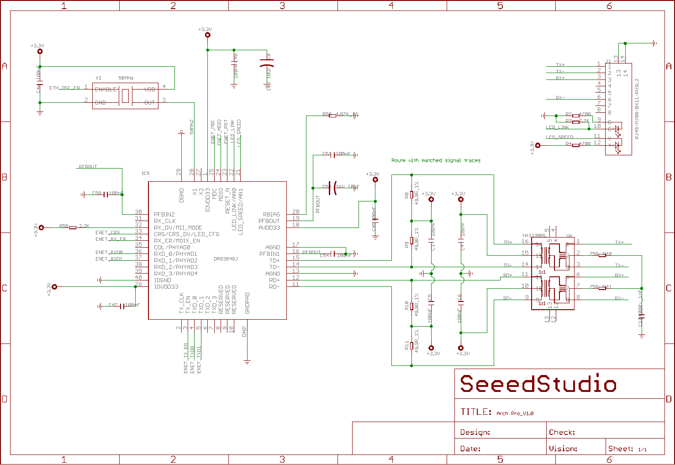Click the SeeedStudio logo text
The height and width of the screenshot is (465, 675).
[x=538, y=384]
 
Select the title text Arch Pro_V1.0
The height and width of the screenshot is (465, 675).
[x=515, y=413]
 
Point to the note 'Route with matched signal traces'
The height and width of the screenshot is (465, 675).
[x=436, y=160]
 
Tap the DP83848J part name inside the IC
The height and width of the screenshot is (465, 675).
[x=226, y=259]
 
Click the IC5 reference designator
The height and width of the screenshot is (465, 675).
[x=145, y=174]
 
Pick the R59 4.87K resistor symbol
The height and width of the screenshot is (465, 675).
[x=332, y=116]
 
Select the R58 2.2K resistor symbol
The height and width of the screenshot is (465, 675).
[x=73, y=227]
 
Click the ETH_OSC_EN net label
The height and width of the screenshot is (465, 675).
[x=64, y=88]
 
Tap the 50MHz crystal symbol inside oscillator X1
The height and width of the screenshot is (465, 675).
[x=125, y=96]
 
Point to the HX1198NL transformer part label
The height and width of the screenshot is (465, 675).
[x=534, y=236]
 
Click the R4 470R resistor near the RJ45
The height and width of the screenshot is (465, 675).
[x=575, y=145]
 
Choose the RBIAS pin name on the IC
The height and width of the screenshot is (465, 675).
[x=271, y=214]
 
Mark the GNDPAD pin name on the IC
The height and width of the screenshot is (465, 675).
[x=248, y=303]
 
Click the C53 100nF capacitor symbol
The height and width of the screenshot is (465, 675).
[x=333, y=155]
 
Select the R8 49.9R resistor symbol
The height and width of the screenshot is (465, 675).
[x=411, y=195]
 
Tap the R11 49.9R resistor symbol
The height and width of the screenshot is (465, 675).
[x=411, y=346]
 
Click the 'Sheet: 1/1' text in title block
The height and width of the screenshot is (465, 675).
[x=628, y=449]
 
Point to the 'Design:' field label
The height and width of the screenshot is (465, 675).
[x=475, y=432]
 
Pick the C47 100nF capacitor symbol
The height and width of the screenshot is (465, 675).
[x=121, y=306]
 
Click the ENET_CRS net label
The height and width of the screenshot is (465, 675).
[x=108, y=233]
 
